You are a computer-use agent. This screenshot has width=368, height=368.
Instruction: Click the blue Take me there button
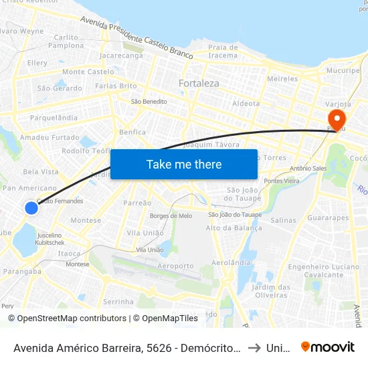click(x=184, y=165)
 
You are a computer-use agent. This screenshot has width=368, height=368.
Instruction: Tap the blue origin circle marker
click(x=31, y=208)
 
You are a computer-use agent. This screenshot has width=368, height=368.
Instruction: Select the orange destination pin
click(x=333, y=118)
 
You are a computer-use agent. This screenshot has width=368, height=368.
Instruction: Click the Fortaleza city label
click(x=199, y=84)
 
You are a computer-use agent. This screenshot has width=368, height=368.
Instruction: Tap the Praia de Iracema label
click(x=223, y=52)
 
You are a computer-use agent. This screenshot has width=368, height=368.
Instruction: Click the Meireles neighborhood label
click(x=282, y=79)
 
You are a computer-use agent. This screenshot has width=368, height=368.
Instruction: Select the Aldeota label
click(x=246, y=104)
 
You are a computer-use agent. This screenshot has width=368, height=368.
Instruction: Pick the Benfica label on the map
click(x=132, y=132)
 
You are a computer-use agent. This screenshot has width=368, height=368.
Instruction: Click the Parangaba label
click(x=22, y=272)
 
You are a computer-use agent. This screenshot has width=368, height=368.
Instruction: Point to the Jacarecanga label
click(x=121, y=56)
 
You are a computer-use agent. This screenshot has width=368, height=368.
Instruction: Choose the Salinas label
click(x=283, y=220)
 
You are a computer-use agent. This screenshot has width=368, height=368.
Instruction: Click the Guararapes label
click(x=328, y=218)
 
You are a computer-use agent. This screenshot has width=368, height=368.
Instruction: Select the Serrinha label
click(x=118, y=302)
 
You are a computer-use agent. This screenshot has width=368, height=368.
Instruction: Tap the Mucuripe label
click(x=343, y=70)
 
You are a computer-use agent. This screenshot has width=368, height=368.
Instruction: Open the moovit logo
click(x=328, y=347)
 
